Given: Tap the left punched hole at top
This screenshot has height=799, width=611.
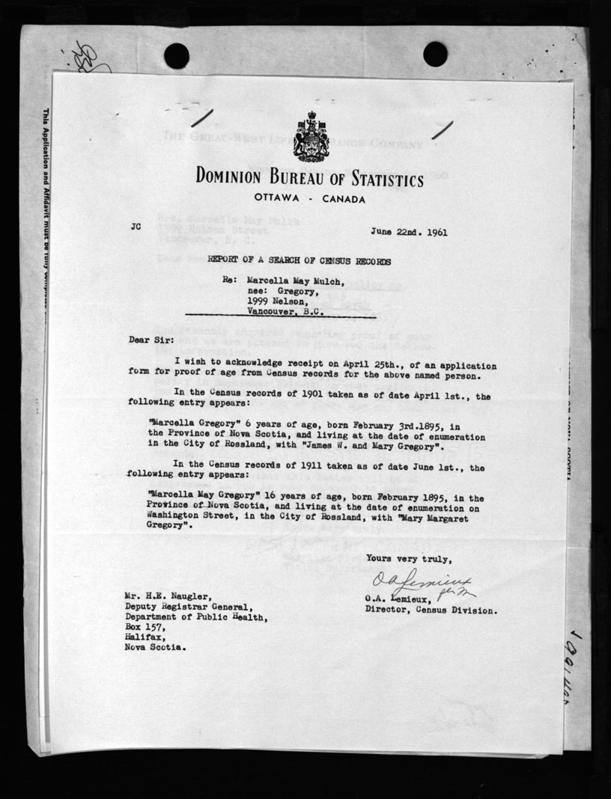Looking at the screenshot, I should pos(177,55).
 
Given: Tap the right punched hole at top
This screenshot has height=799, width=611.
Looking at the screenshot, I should pos(434,54).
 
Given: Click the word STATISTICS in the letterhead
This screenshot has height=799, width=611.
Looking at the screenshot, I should pos(379,180).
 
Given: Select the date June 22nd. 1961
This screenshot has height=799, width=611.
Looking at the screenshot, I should pos(409,231).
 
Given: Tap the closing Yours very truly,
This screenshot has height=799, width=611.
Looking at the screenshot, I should pos(409,559).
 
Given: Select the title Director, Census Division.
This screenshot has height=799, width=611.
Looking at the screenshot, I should pos(431,610).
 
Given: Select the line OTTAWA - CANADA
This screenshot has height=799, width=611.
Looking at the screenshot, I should pos(309,200).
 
